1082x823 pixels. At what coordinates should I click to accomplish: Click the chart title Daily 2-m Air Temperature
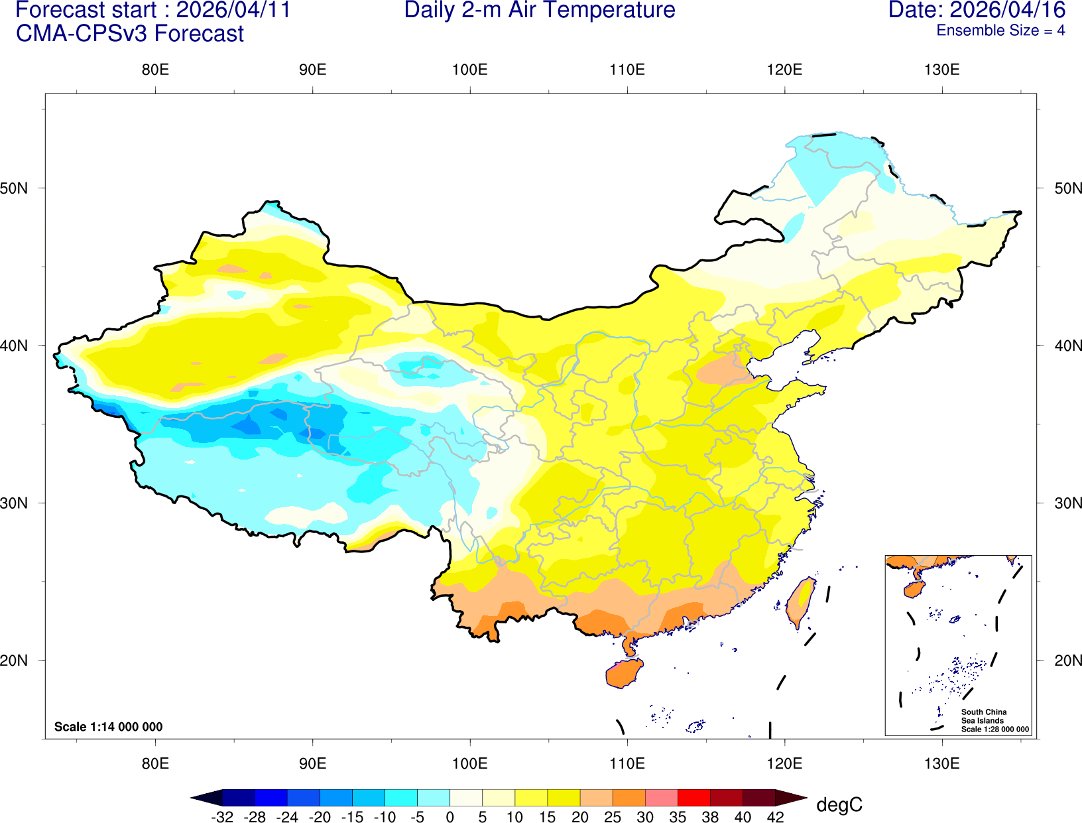(x=540, y=11)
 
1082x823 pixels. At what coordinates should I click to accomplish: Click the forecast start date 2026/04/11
(x=233, y=11)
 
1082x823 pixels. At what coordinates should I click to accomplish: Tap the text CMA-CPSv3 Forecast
(x=130, y=34)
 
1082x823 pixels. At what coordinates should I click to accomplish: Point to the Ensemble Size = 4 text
(x=1000, y=31)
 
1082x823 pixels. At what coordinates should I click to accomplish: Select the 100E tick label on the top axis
(x=469, y=70)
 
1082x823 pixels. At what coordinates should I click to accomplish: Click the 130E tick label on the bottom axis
(x=941, y=763)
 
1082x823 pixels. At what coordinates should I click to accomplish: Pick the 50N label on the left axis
(x=15, y=188)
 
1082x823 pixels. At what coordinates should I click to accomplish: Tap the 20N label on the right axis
(x=1067, y=661)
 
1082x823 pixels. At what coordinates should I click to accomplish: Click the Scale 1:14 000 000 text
(x=108, y=727)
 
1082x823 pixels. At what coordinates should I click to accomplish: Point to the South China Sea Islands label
(x=984, y=716)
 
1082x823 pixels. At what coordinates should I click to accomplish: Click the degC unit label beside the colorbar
(x=839, y=805)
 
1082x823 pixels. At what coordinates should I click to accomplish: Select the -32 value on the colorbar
(x=222, y=817)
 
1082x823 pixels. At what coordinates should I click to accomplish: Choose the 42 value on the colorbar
(x=775, y=817)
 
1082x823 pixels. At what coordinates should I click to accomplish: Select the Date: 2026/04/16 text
(x=977, y=11)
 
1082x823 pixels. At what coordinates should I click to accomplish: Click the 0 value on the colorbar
(x=450, y=817)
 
